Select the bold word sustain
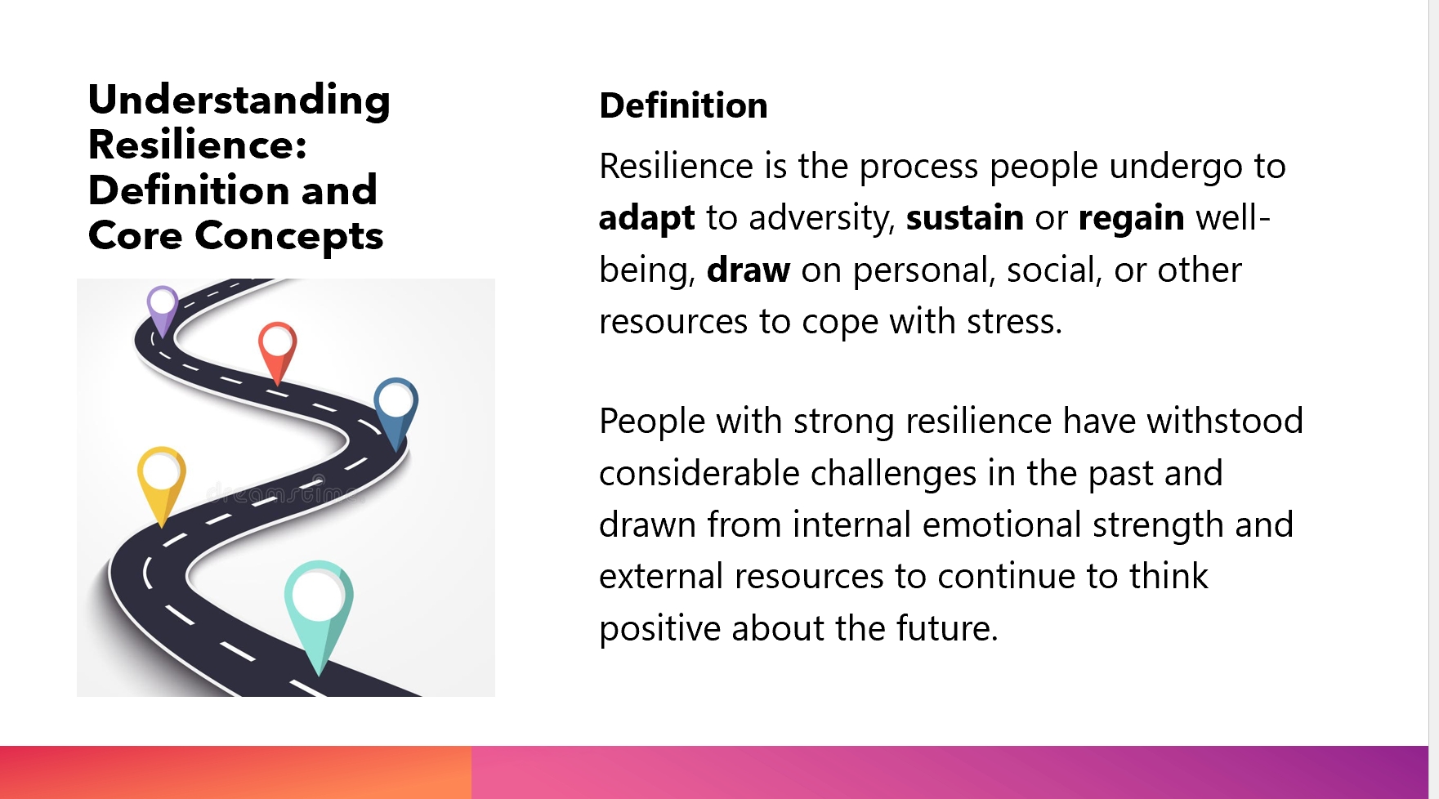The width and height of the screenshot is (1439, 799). pos(965,218)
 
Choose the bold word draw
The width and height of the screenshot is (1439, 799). pos(749,270)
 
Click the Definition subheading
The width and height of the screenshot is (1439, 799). pos(684,105)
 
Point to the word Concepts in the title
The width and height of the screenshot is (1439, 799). pos(289,237)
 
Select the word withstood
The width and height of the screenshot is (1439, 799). pos(1225,421)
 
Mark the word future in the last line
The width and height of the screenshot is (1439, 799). pos(947,628)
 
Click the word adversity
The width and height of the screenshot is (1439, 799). pos(823,218)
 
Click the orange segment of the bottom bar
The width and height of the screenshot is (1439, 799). pos(235,772)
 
